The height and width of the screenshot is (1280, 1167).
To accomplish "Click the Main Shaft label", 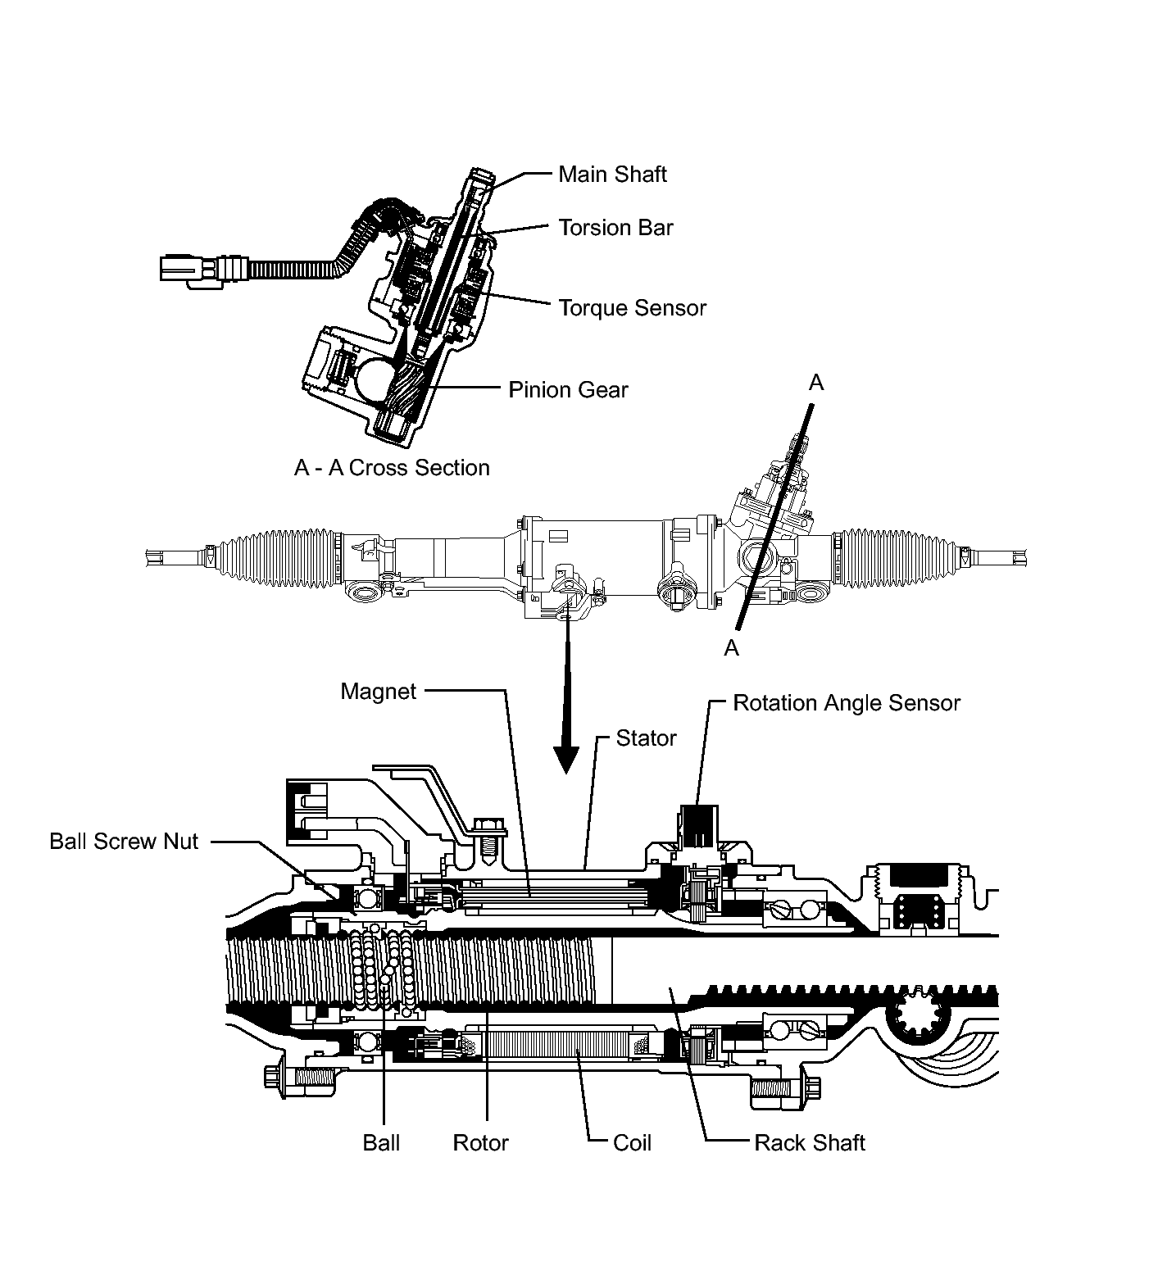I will [612, 175].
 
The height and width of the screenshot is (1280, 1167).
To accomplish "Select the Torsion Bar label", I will [615, 228].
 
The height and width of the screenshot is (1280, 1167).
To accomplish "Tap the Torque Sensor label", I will [632, 308].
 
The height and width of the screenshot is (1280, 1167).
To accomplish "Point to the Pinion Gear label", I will [568, 389].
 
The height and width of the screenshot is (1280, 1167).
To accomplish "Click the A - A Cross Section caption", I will [392, 468].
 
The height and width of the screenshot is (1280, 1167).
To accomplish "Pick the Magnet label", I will [379, 692].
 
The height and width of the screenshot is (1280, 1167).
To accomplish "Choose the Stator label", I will [646, 738].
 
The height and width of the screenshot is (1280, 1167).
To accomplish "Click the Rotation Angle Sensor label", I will [846, 703].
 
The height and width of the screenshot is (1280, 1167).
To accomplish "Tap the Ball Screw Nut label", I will [124, 842].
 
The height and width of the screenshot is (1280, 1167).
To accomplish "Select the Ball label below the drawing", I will [381, 1143].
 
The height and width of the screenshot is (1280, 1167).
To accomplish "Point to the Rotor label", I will [480, 1143].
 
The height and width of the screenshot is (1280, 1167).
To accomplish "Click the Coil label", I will [632, 1143].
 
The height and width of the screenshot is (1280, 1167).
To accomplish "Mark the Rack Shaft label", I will [809, 1143].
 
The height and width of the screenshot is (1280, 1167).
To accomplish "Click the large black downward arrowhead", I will [565, 758].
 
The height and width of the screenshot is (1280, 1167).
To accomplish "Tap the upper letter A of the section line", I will [816, 383].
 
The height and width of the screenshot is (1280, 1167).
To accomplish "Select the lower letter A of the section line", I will [732, 648].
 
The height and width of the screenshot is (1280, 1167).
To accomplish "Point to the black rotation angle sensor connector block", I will [697, 824].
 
